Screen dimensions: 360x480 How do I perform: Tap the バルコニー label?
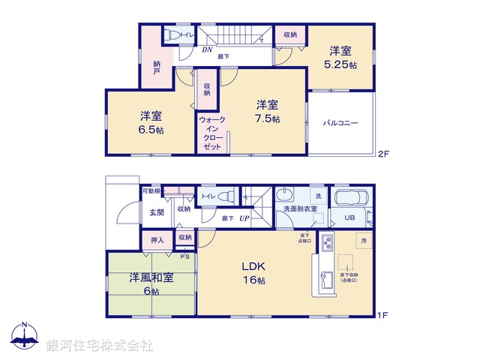340,122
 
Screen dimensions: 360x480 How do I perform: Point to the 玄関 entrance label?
156,212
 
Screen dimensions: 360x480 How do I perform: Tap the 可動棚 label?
151,191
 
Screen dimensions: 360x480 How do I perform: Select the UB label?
350,217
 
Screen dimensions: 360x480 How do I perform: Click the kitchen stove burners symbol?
327,243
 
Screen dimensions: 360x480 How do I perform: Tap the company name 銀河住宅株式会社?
100,346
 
